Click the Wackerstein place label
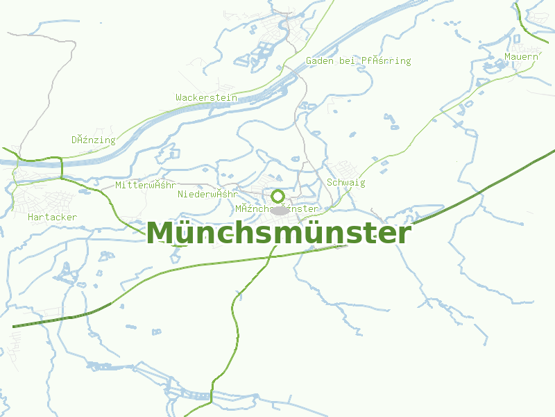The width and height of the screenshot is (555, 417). [206, 98]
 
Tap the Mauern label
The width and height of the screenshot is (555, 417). [521, 56]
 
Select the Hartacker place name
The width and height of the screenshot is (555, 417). [53, 218]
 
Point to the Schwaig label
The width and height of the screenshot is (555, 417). [345, 183]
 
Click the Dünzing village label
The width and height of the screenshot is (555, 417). [93, 140]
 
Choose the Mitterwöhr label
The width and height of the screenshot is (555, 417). [145, 186]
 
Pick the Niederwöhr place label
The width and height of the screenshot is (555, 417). [207, 194]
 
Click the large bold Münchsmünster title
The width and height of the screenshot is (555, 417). [278, 234]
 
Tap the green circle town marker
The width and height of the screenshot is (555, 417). [277, 196]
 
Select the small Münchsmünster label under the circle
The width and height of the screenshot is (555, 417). [276, 209]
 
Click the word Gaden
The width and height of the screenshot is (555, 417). [320, 61]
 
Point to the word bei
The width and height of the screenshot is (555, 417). [347, 61]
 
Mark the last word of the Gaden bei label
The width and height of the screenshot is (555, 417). [386, 61]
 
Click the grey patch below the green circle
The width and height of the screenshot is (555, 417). [280, 210]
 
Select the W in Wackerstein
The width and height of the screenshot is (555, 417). [179, 98]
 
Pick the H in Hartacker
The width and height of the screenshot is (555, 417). [31, 218]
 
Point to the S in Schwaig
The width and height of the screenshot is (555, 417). [330, 183]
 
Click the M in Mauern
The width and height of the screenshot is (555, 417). [508, 56]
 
